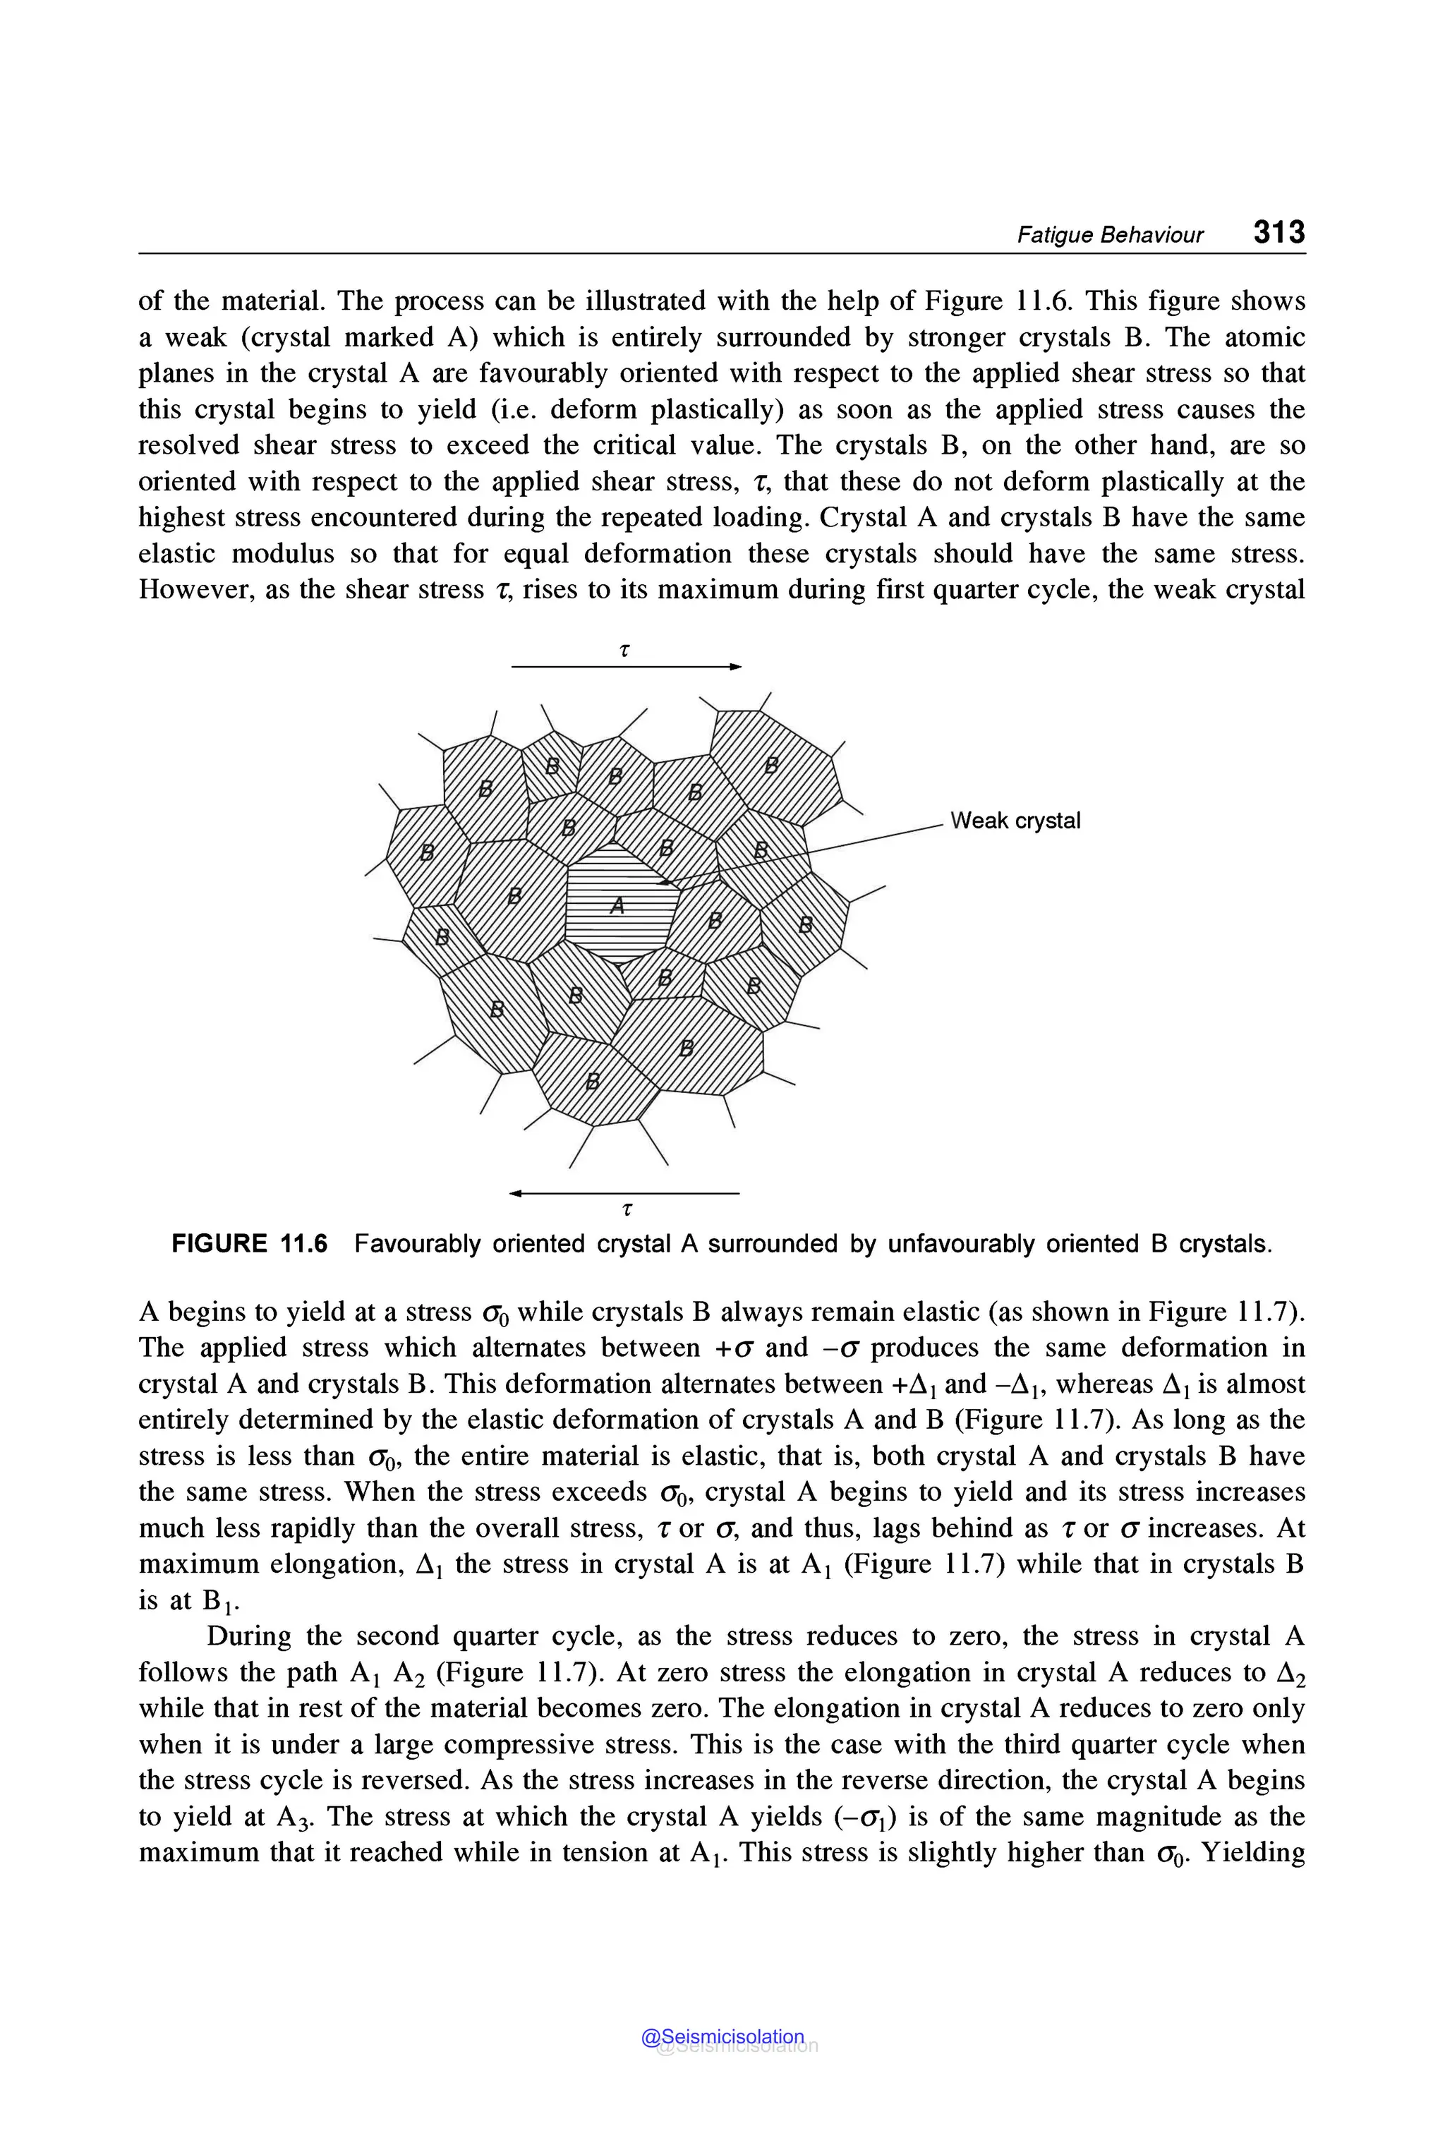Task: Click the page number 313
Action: click(1278, 231)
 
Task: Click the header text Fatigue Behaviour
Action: click(1110, 235)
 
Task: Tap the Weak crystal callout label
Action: click(1015, 821)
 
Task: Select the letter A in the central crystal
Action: click(617, 906)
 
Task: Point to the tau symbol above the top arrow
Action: click(625, 649)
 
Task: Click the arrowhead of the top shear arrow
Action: click(734, 666)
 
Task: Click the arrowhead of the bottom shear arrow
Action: click(516, 1194)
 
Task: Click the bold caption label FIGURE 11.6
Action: click(249, 1244)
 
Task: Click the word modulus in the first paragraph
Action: click(286, 553)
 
